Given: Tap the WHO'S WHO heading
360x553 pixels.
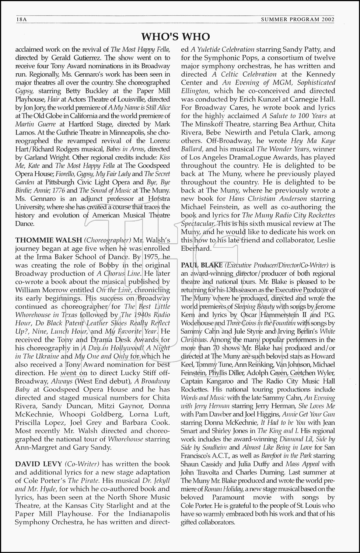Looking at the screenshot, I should (176, 36).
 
